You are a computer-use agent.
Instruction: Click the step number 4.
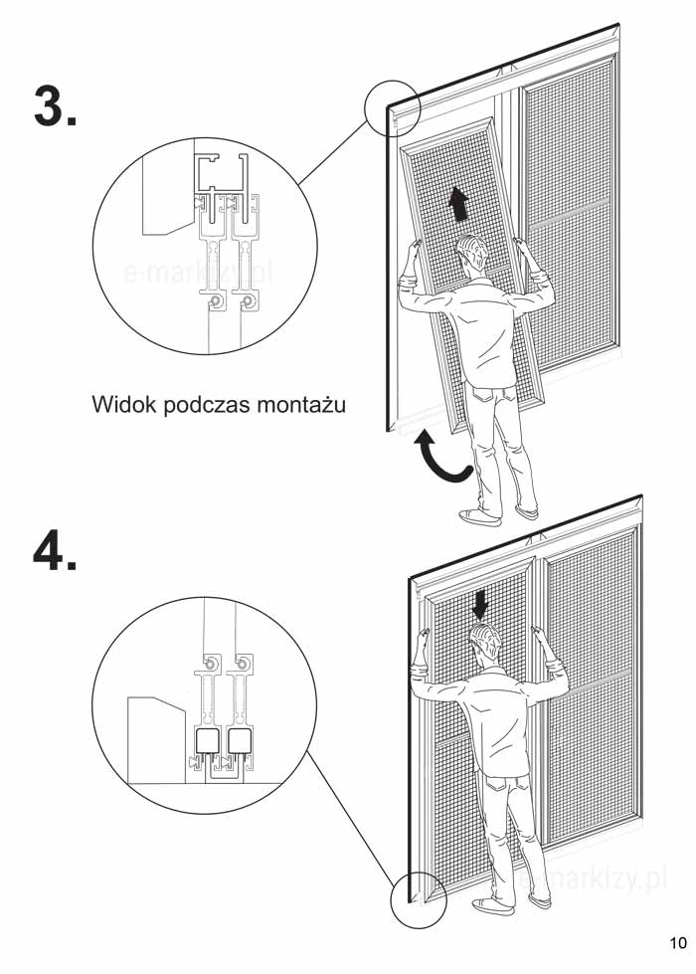pyautogui.click(x=55, y=549)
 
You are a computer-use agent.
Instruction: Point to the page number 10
pyautogui.click(x=678, y=942)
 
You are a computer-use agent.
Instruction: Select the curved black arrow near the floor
pyautogui.click(x=442, y=459)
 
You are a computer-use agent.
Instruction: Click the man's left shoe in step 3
pyautogui.click(x=478, y=516)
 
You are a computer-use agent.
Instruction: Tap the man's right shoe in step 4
pyautogui.click(x=540, y=900)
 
